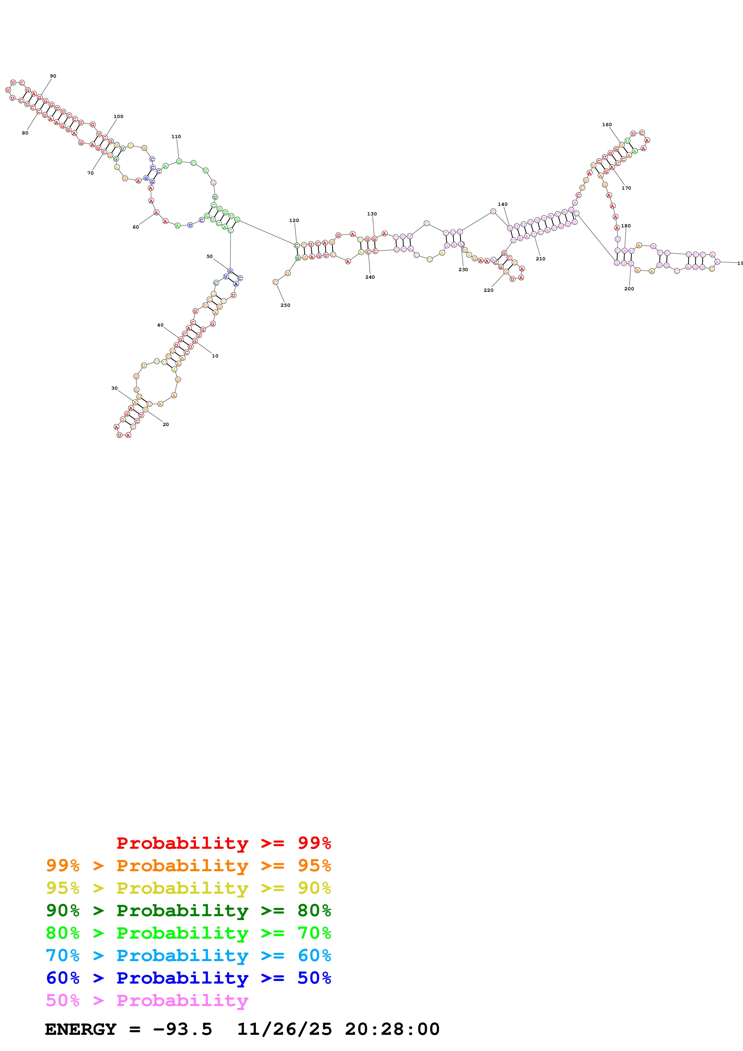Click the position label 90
click(x=53, y=76)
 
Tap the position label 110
click(x=176, y=136)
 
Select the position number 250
click(x=285, y=305)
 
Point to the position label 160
click(x=607, y=125)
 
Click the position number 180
click(x=626, y=226)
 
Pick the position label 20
click(x=166, y=424)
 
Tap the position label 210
click(x=541, y=259)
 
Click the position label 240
click(x=370, y=277)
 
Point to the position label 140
click(x=503, y=205)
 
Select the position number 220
click(x=489, y=290)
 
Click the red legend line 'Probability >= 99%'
click(x=223, y=843)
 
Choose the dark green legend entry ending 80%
click(x=188, y=910)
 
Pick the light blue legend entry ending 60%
click(x=188, y=955)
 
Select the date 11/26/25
click(x=284, y=1029)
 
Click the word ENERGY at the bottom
click(x=81, y=1029)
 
